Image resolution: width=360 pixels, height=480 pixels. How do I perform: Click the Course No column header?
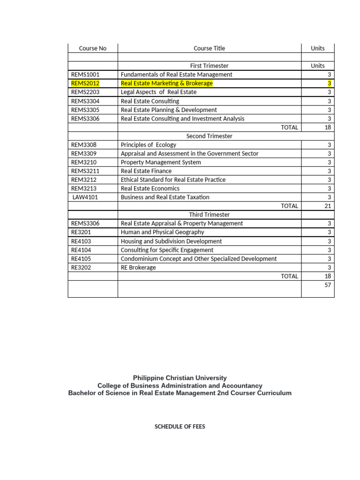point(93,48)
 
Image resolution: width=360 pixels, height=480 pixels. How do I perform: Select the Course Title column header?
point(209,48)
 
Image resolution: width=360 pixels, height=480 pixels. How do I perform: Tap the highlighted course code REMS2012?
point(85,83)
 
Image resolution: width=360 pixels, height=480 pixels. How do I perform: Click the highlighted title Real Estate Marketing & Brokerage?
point(166,83)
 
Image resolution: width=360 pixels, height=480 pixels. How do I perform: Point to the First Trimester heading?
point(209,66)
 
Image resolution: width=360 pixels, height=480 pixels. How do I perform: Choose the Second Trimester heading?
point(209,136)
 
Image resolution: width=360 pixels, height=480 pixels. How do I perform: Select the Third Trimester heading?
point(209,215)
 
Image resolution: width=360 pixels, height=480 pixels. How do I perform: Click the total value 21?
point(328,206)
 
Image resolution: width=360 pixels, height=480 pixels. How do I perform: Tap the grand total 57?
point(328,285)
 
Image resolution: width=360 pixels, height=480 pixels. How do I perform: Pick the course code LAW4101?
point(85,197)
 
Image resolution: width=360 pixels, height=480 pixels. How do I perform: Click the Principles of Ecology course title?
point(149,145)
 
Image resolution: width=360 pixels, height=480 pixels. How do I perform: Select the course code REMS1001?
point(85,75)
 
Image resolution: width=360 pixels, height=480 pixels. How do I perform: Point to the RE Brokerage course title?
point(138,268)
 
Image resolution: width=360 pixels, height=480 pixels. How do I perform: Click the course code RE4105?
point(81,259)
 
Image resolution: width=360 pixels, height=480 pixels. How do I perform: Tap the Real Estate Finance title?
point(146,171)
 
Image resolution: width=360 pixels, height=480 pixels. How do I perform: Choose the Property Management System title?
point(161,162)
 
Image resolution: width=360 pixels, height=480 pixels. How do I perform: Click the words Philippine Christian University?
point(180,378)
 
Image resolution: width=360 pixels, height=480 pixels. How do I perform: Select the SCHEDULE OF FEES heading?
point(180,427)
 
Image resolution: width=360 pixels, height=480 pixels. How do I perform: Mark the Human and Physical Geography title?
point(163,232)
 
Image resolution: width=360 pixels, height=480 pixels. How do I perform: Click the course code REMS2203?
point(85,92)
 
